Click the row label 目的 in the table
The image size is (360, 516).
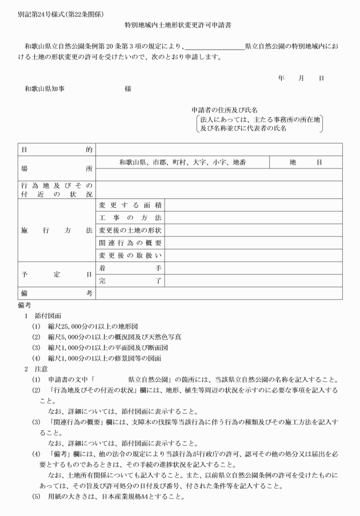point(57,149)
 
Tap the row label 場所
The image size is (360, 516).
point(57,169)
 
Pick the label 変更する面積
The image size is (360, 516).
point(130,205)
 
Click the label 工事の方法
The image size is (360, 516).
point(130,218)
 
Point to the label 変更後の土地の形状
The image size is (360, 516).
point(130,231)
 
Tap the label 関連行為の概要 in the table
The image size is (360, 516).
point(130,243)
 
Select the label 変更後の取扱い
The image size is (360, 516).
point(130,255)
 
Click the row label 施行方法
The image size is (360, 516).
point(57,230)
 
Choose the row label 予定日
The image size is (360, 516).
point(57,274)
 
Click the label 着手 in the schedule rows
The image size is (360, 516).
point(130,268)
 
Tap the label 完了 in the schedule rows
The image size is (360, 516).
point(130,281)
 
